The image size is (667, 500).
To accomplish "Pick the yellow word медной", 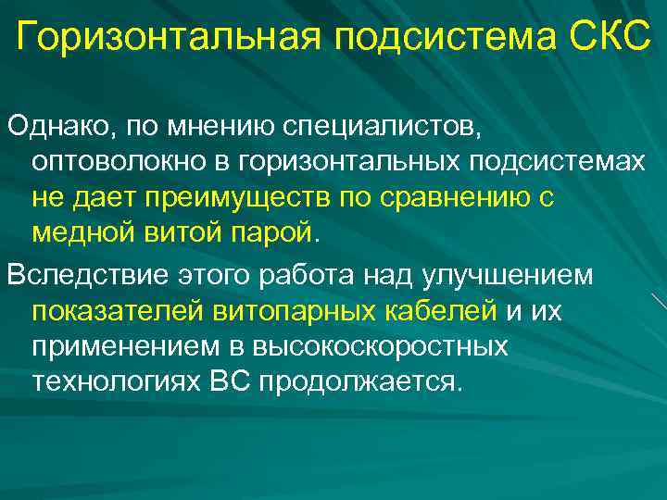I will point(87,234).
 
